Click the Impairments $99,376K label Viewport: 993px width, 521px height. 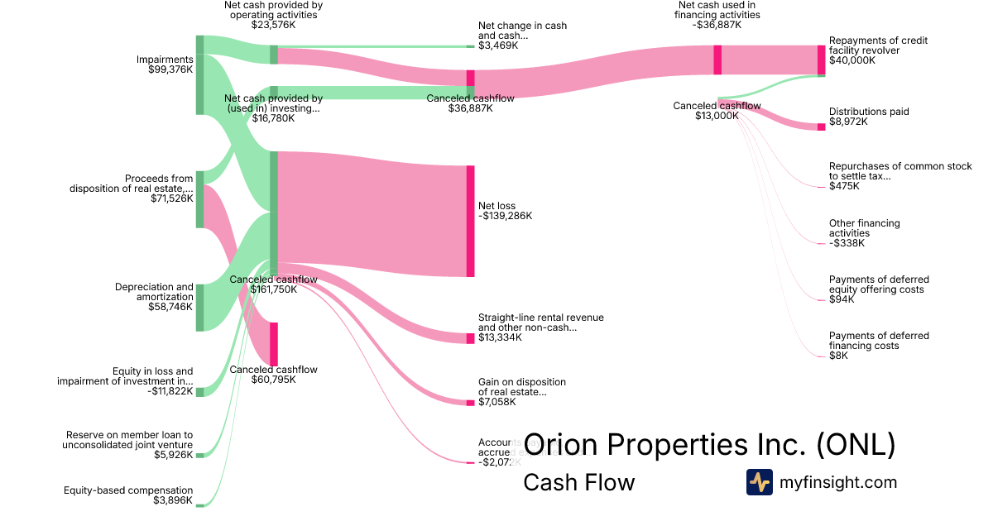[x=165, y=65]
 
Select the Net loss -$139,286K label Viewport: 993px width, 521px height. [x=505, y=211]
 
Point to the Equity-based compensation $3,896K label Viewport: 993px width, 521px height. [x=128, y=495]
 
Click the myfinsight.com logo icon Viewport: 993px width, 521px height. [x=759, y=482]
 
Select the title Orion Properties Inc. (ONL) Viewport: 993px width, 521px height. [x=710, y=444]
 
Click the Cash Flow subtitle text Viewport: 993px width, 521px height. [x=578, y=482]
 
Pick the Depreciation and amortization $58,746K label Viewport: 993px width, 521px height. [x=154, y=297]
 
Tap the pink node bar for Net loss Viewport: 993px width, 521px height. [x=470, y=221]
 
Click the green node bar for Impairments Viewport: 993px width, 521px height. [x=199, y=74]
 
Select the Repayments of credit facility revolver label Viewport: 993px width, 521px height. [x=878, y=50]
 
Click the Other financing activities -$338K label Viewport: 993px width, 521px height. [x=864, y=233]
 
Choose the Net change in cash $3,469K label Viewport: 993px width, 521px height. [x=522, y=36]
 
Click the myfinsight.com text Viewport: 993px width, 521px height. [x=838, y=482]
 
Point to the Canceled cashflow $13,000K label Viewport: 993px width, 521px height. [x=717, y=111]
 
